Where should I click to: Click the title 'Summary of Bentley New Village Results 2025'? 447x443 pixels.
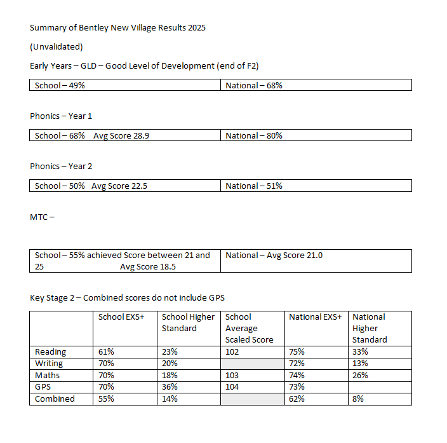pos(117,28)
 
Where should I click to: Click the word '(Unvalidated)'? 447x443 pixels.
pos(57,47)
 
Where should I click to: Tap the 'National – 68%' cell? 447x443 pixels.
pos(254,85)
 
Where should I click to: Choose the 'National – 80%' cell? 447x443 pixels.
pos(254,135)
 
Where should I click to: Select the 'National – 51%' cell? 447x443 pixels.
pos(254,186)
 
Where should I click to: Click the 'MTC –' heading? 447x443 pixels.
pos(42,217)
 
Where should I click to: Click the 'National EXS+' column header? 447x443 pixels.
pos(315,317)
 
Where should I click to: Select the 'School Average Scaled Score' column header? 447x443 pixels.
pos(249,328)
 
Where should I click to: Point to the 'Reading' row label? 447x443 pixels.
pos(51,352)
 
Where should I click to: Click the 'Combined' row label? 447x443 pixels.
pos(55,399)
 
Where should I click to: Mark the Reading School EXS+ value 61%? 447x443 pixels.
pos(107,352)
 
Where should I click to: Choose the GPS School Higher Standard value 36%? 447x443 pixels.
pos(170,387)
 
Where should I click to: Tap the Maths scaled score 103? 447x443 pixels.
pos(234,376)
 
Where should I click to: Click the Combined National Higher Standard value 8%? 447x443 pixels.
pos(360,399)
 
